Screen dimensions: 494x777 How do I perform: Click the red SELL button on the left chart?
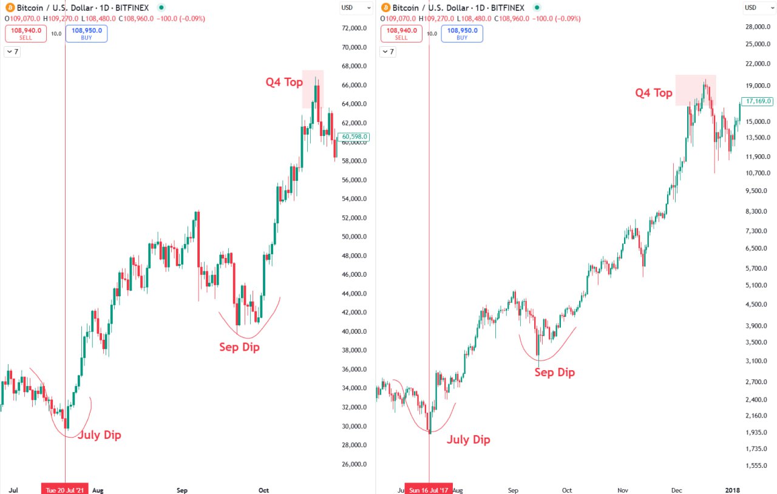click(25, 33)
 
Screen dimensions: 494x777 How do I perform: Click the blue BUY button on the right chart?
click(462, 33)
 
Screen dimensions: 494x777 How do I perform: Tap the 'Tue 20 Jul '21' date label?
click(65, 489)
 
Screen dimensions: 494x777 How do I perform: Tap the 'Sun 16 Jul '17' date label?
click(429, 489)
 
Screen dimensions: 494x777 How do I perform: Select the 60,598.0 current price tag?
click(357, 137)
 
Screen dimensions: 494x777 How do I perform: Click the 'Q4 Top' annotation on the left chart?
click(284, 83)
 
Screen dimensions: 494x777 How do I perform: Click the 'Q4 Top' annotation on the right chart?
click(654, 93)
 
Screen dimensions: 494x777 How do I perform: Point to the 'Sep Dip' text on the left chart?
click(239, 348)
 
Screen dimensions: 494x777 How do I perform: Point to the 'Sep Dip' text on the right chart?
click(554, 372)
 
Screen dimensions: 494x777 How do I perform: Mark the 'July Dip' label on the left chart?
click(99, 435)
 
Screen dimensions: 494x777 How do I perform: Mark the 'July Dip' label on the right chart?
click(468, 440)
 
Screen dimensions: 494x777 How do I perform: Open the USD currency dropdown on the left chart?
click(356, 8)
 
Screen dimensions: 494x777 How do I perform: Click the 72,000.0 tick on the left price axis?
click(355, 28)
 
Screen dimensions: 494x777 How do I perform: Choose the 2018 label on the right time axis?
click(733, 489)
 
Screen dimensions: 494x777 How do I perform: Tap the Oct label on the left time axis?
click(263, 489)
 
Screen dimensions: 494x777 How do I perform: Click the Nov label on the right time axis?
click(623, 489)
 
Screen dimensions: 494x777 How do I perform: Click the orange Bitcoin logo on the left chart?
click(9, 8)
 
